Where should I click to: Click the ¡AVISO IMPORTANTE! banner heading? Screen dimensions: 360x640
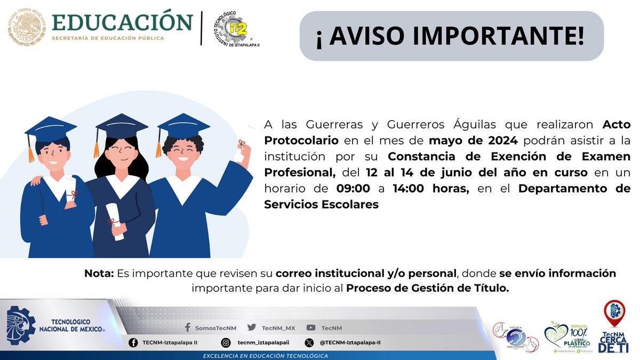451,36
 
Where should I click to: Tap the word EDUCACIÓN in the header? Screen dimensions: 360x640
122,22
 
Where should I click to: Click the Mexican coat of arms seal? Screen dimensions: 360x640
27,26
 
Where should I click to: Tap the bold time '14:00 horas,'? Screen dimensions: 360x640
430,188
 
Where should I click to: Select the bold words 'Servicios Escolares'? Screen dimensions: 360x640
321,204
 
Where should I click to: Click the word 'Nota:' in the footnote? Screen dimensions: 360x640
99,274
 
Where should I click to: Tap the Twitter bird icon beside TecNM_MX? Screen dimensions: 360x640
251,327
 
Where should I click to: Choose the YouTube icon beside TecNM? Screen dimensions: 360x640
310,327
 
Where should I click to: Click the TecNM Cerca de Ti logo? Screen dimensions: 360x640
614,326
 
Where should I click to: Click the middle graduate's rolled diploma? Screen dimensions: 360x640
115,221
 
